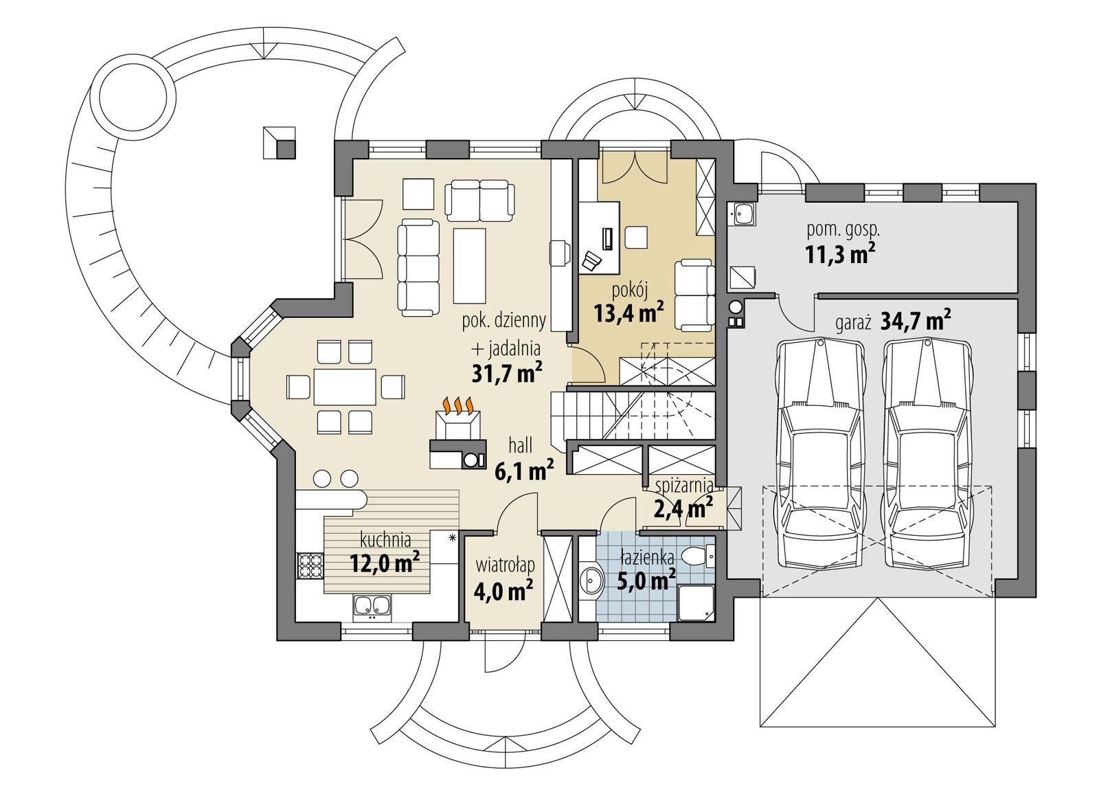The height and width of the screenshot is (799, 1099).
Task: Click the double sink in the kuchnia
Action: tap(371, 606)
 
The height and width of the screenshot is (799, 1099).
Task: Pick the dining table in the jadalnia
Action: tap(345, 387)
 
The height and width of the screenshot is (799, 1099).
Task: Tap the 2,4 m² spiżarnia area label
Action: tap(682, 509)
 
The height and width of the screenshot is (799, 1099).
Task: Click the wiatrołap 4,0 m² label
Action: tap(504, 578)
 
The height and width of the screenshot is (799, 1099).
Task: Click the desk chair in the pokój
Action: tap(592, 260)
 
